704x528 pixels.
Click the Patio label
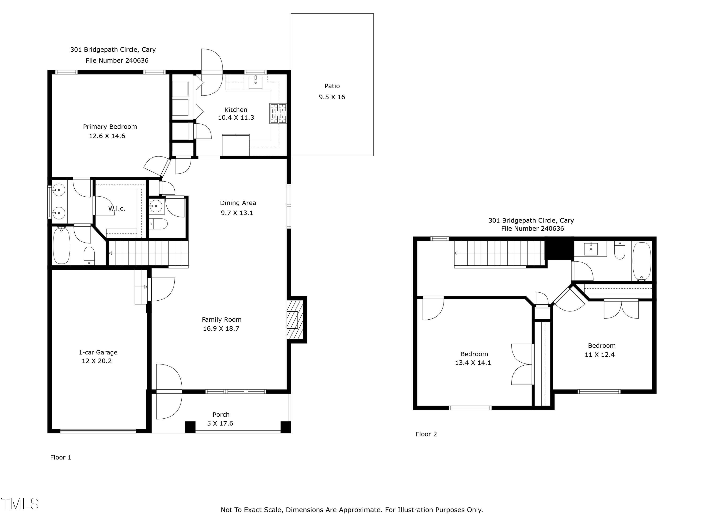(332, 86)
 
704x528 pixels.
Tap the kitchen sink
(255, 82)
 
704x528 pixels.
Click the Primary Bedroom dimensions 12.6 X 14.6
(107, 136)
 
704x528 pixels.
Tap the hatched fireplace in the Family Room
(295, 320)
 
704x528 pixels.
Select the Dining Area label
(238, 203)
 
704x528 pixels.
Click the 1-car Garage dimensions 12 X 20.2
(97, 361)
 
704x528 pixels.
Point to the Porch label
(221, 415)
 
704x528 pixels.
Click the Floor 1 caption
(61, 457)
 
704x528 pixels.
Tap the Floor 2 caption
(426, 434)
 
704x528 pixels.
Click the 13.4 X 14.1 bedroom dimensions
(473, 363)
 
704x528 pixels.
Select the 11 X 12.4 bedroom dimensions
(600, 355)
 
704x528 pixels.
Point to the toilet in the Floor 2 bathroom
(620, 251)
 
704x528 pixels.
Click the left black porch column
(190, 427)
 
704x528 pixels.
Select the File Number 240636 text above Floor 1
(117, 61)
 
